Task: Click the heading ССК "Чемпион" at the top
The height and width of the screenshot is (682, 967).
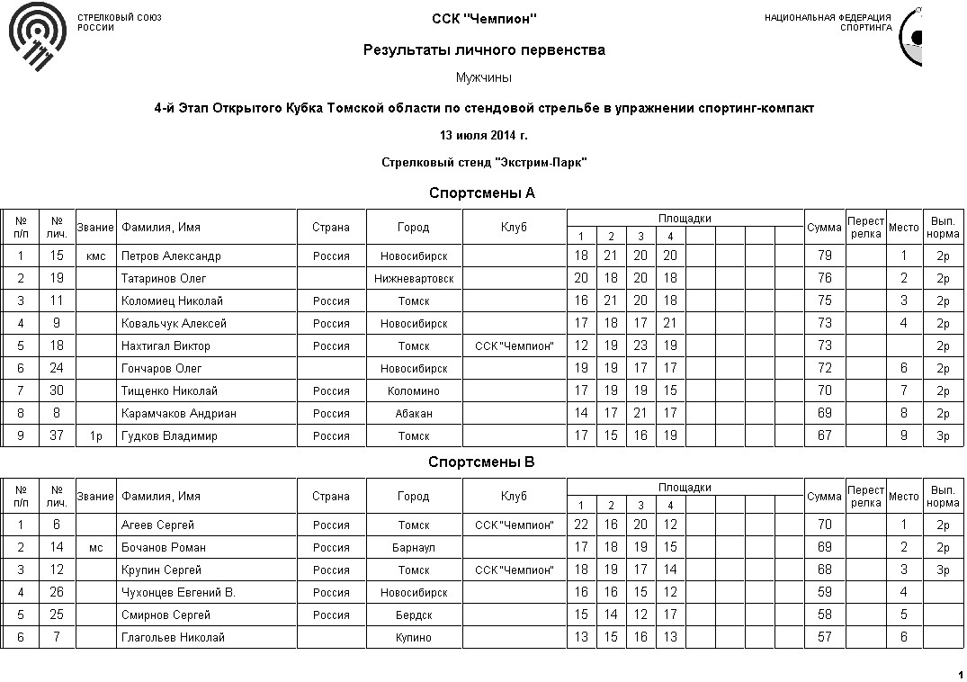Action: click(484, 19)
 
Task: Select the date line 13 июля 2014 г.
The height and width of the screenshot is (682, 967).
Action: click(483, 136)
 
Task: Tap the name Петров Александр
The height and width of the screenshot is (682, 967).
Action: click(171, 256)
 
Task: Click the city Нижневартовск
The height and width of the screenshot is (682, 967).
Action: click(414, 279)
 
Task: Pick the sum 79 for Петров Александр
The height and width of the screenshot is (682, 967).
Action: click(824, 256)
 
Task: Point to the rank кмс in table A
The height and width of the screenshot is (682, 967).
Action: click(96, 256)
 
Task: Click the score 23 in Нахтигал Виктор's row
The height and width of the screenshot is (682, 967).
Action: click(640, 346)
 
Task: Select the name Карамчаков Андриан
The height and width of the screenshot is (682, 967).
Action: click(179, 414)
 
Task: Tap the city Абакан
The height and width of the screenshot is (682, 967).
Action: click(414, 414)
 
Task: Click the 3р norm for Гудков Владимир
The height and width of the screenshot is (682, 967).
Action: click(943, 436)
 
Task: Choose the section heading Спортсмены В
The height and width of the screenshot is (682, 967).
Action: click(482, 462)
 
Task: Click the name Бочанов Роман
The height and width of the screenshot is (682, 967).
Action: click(164, 548)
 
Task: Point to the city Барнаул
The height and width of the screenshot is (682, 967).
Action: click(414, 548)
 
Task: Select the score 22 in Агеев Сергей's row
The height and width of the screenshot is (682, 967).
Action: click(581, 525)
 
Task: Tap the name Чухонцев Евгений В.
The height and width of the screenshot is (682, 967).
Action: click(178, 593)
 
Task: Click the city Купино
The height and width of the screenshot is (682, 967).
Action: click(414, 638)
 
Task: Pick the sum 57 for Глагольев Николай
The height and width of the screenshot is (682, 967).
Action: click(824, 638)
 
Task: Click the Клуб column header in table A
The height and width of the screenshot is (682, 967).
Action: click(514, 228)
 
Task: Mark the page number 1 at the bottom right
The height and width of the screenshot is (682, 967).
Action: click(961, 675)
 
